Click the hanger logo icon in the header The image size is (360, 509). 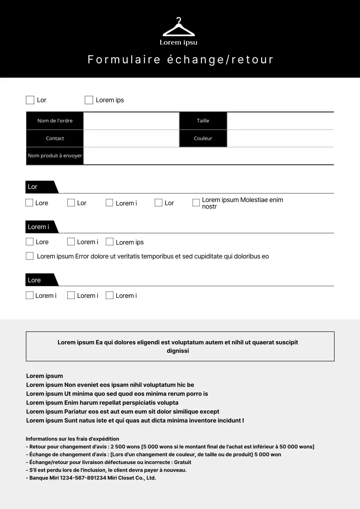coord(179,28)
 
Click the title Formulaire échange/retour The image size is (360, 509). coord(180,60)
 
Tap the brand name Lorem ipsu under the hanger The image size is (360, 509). coord(179,43)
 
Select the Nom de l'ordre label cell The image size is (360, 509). coord(55,121)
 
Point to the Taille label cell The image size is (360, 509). coord(203,121)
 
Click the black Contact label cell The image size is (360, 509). coord(55,138)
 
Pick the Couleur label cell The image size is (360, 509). coord(203,138)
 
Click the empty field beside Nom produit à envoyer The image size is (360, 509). coord(208,156)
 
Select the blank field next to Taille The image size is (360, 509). coord(280,121)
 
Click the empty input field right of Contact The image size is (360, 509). coord(131,138)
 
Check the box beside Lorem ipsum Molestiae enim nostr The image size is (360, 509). coord(196,203)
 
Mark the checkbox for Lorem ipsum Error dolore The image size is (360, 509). coord(29,256)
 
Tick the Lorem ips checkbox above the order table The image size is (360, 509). coord(89,100)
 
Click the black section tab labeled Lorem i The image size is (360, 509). coord(40,227)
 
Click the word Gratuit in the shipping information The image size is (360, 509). coord(182,462)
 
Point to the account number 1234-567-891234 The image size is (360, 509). coord(83,478)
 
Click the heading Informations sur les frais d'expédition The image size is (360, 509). coord(72,439)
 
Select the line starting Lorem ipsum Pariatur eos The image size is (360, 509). coord(123,412)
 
